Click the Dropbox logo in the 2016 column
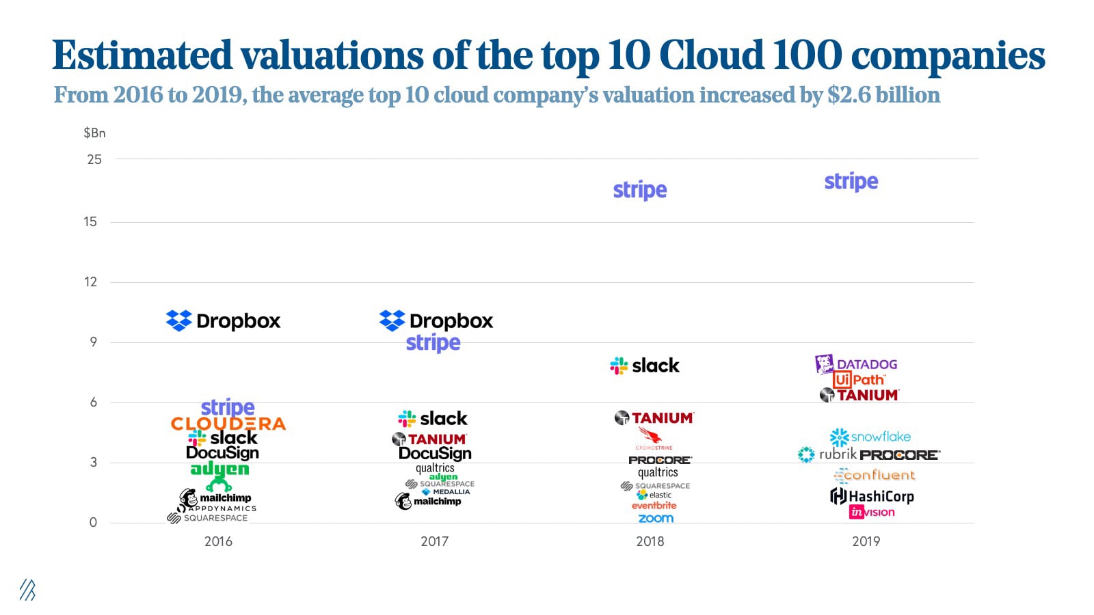(224, 320)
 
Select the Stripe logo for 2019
(851, 182)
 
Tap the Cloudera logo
(228, 424)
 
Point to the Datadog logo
(856, 364)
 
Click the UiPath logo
(859, 380)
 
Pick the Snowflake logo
(870, 437)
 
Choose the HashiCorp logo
(872, 496)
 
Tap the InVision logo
(871, 512)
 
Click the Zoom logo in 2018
(656, 519)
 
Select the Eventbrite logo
(654, 506)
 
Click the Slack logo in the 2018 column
(644, 366)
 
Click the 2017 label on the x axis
(434, 541)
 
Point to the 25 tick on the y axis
(94, 159)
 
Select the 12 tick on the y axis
(90, 282)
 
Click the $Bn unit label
(94, 133)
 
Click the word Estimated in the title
(142, 55)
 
